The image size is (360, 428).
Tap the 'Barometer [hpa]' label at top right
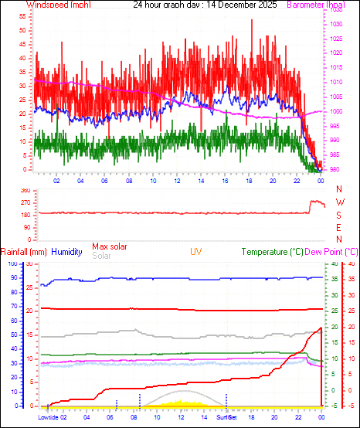click(x=316, y=5)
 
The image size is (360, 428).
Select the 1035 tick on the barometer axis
click(x=335, y=11)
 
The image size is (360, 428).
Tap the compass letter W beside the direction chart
click(x=339, y=202)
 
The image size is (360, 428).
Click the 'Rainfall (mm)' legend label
click(x=24, y=252)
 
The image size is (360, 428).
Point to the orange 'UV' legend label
click(x=196, y=252)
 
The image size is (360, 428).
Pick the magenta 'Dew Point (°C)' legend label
click(x=333, y=252)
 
